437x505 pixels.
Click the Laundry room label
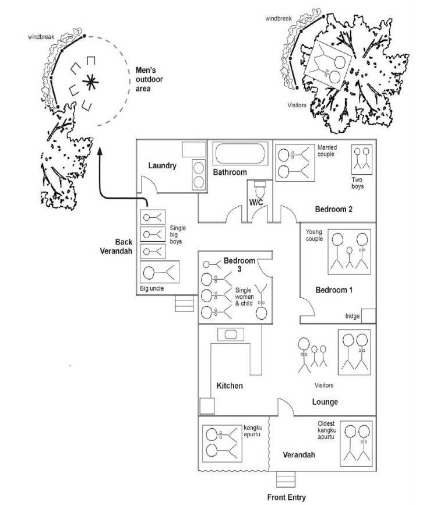click(162, 165)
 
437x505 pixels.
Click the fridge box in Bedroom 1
click(368, 316)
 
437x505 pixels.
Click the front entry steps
click(286, 479)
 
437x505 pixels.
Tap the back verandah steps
click(185, 303)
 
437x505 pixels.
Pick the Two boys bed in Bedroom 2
click(362, 158)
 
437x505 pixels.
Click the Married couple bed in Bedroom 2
click(294, 163)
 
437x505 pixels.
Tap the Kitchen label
click(230, 386)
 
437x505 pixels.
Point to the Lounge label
click(325, 402)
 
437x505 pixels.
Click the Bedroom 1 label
click(334, 290)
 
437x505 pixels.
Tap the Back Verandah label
click(115, 246)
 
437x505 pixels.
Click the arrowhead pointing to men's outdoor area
click(100, 151)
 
